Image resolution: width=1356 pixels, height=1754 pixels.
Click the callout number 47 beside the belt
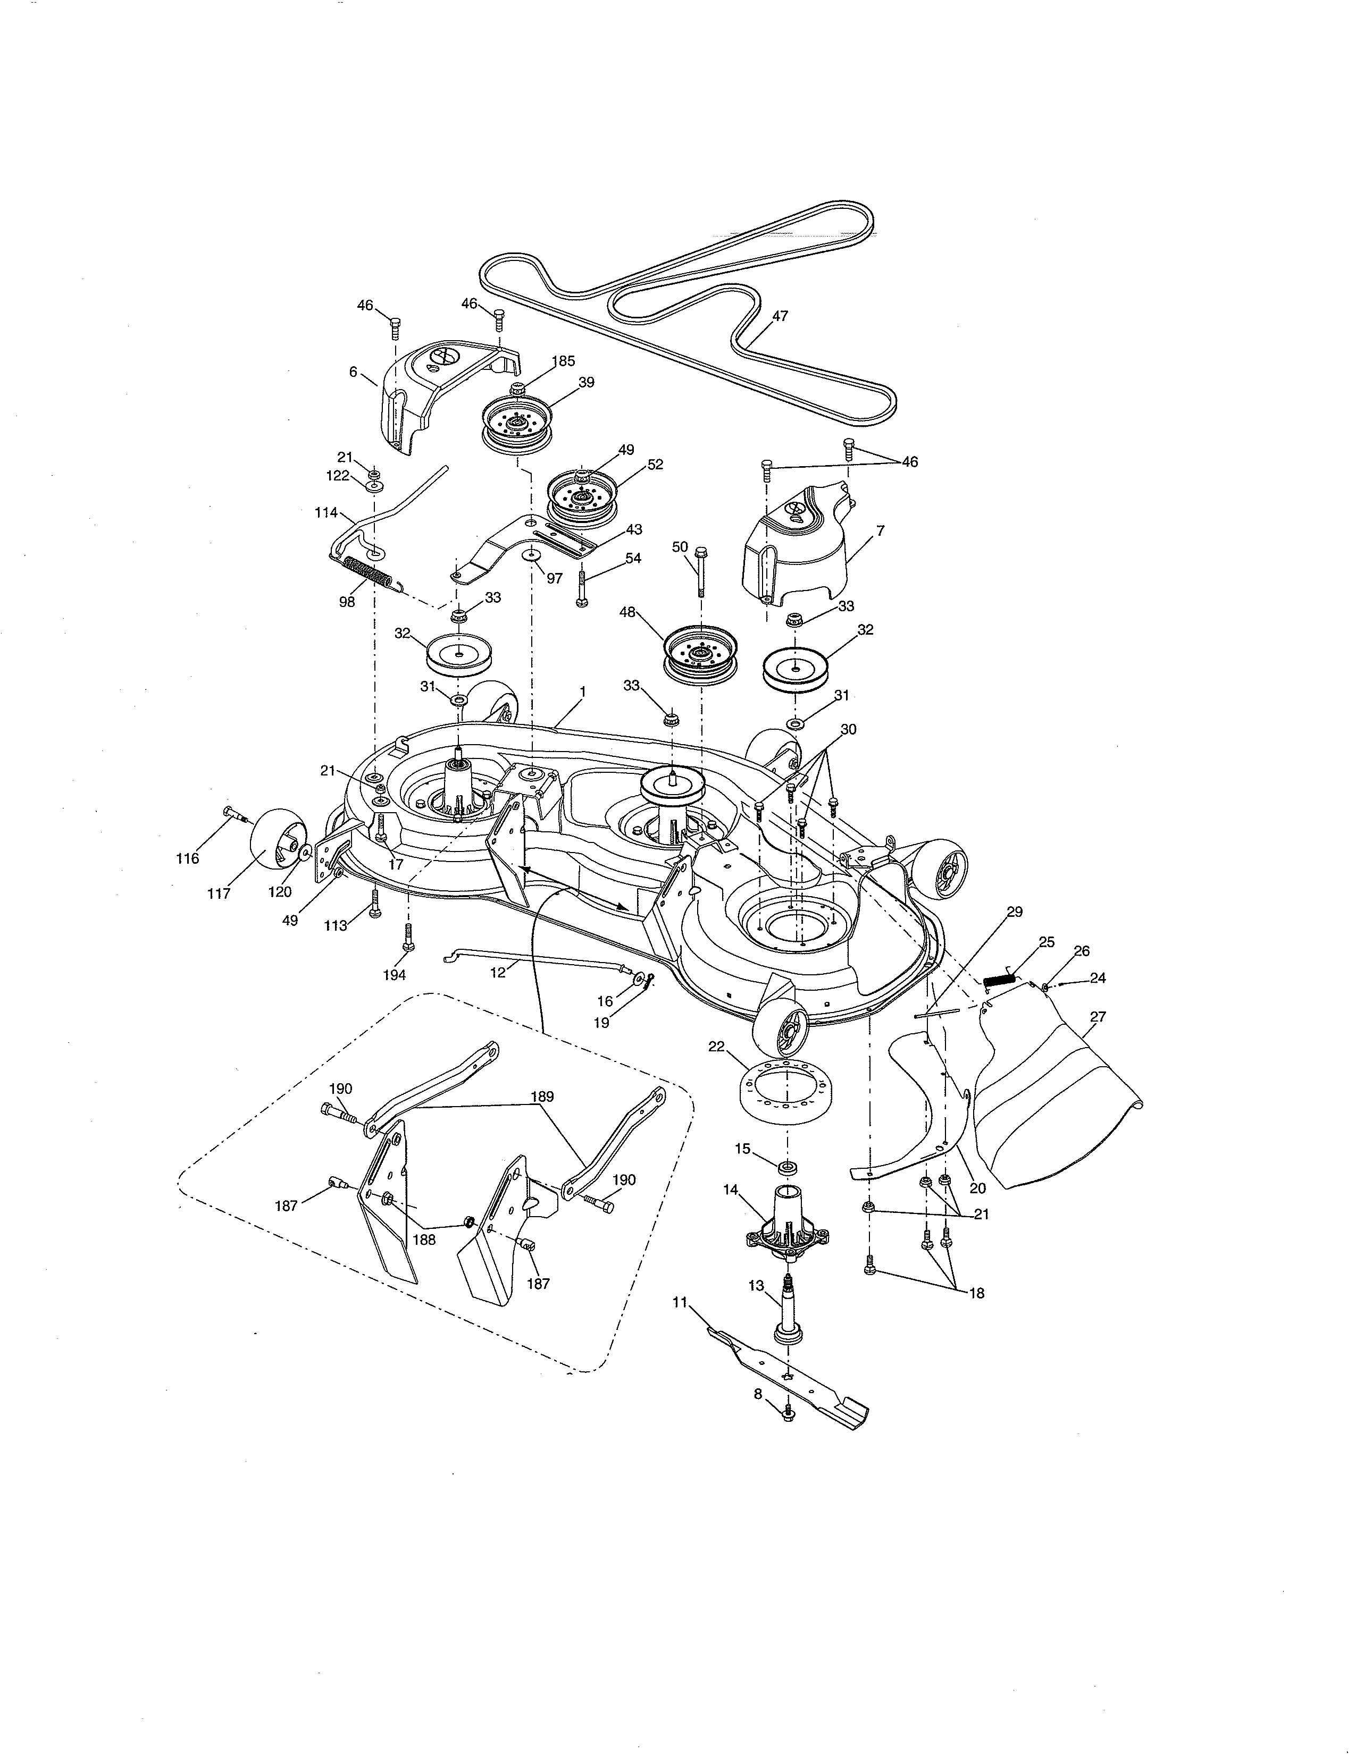pos(780,316)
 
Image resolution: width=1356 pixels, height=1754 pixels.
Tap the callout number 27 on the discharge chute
pos(1098,1017)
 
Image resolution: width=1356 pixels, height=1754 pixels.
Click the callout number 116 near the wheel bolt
pos(187,858)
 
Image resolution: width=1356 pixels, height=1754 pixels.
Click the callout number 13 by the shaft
pos(756,1286)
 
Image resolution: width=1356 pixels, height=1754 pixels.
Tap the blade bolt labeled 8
pos(788,1411)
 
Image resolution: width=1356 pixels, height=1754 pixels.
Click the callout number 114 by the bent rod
pos(326,512)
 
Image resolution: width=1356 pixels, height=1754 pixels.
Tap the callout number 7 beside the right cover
pos(881,531)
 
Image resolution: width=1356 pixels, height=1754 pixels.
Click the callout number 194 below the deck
pos(394,975)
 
